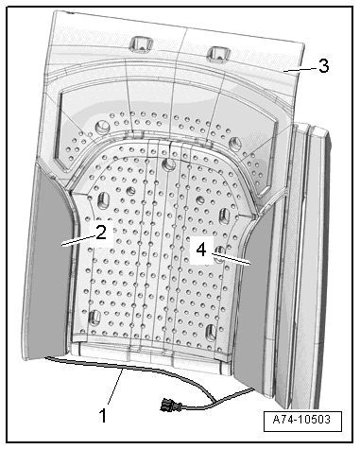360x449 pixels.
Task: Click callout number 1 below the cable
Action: click(x=103, y=415)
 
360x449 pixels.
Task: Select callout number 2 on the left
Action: click(x=100, y=233)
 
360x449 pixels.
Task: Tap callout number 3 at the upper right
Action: click(x=323, y=66)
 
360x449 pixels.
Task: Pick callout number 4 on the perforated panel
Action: click(x=201, y=250)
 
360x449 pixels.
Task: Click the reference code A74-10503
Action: click(x=301, y=420)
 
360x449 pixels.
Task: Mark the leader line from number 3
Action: click(x=300, y=69)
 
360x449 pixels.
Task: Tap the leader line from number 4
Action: click(x=231, y=258)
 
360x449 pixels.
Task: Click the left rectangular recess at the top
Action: click(x=141, y=43)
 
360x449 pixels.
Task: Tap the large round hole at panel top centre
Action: click(x=169, y=164)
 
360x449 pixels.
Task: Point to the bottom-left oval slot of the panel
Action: click(x=95, y=318)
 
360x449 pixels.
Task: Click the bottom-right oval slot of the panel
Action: click(x=211, y=332)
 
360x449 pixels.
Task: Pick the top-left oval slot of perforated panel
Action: click(x=103, y=200)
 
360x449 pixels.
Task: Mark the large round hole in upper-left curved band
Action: click(x=101, y=126)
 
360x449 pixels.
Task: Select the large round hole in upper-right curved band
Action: click(x=235, y=143)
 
